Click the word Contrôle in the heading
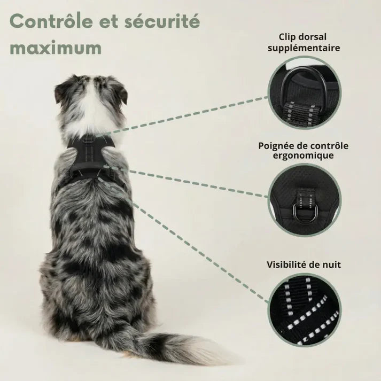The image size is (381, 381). pyautogui.click(x=51, y=21)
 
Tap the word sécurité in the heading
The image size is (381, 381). pyautogui.click(x=162, y=21)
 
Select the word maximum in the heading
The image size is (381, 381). pyautogui.click(x=56, y=48)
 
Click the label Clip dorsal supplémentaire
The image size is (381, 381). pyautogui.click(x=304, y=42)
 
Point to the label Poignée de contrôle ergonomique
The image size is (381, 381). pyautogui.click(x=303, y=151)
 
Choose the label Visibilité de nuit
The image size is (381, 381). pyautogui.click(x=304, y=265)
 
